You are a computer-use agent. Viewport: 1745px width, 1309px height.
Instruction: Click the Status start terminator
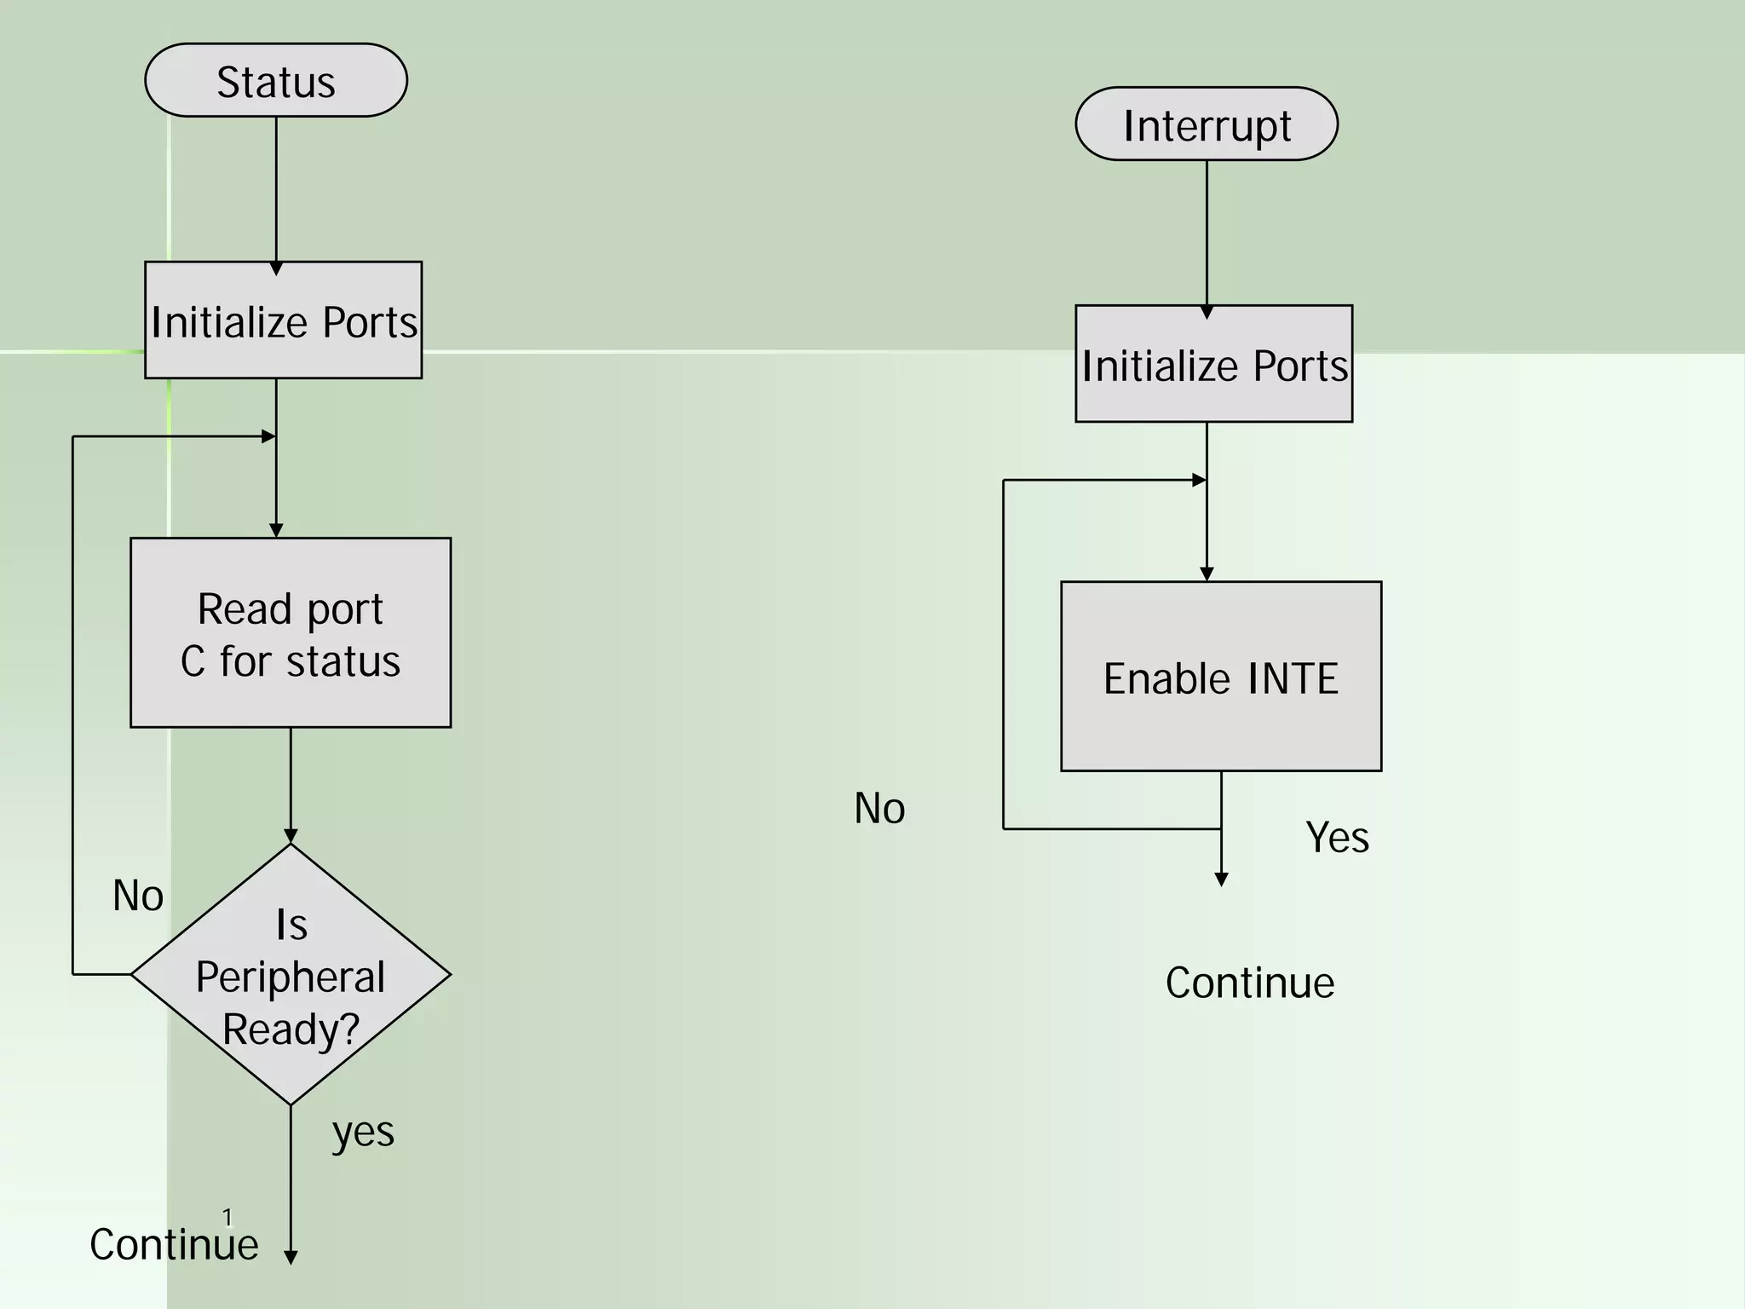point(276,80)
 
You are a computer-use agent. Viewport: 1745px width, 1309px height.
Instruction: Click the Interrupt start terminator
point(1207,124)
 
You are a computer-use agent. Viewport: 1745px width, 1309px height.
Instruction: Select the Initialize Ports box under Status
point(283,320)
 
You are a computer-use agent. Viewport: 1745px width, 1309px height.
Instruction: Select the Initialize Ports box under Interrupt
point(1213,364)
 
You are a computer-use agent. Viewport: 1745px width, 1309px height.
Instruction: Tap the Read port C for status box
point(291,632)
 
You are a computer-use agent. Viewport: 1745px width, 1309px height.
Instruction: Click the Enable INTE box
point(1220,677)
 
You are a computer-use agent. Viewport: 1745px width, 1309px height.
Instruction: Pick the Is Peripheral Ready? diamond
point(291,974)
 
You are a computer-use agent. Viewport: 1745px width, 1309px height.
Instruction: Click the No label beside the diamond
point(138,896)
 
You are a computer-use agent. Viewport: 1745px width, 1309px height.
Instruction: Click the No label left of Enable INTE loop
point(879,808)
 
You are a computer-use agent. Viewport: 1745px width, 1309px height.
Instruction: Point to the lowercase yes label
point(363,1132)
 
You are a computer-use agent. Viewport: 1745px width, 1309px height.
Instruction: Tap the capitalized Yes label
point(1337,837)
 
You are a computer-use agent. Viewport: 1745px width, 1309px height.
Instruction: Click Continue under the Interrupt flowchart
point(1249,983)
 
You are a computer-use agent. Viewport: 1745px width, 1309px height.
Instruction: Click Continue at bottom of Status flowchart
point(174,1244)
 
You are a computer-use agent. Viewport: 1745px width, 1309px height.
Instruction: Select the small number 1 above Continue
point(227,1217)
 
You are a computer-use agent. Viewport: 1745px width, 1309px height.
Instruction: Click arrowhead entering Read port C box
point(276,531)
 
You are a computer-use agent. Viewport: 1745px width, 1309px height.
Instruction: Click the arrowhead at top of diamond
point(291,836)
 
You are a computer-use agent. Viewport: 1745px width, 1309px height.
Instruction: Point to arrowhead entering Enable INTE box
point(1207,574)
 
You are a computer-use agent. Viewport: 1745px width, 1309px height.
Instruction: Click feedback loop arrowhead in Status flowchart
point(268,436)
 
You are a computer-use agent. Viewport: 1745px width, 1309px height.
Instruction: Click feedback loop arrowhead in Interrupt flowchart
point(1199,480)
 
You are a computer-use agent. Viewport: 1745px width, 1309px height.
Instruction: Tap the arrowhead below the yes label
point(291,1257)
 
